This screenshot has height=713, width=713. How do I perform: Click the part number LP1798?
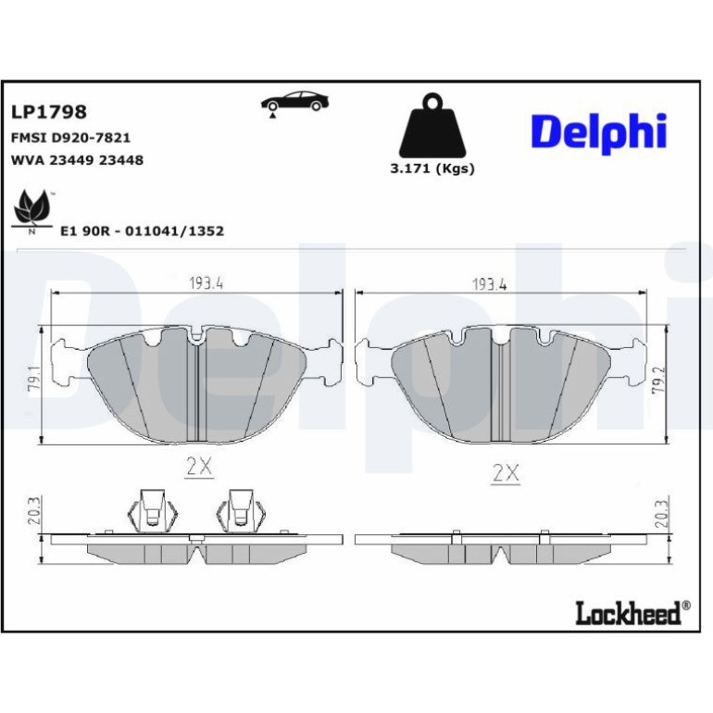pos(49,112)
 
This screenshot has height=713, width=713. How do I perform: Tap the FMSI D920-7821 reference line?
pos(70,137)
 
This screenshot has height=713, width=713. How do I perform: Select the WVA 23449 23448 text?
pos(77,160)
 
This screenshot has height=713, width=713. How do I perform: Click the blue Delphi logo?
pos(599,132)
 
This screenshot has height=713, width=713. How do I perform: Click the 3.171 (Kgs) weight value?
pos(432,169)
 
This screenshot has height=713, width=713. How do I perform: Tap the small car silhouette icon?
pos(294,103)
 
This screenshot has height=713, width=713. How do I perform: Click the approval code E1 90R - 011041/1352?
pos(143,231)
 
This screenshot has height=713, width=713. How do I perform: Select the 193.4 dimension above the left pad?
pos(206,283)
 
